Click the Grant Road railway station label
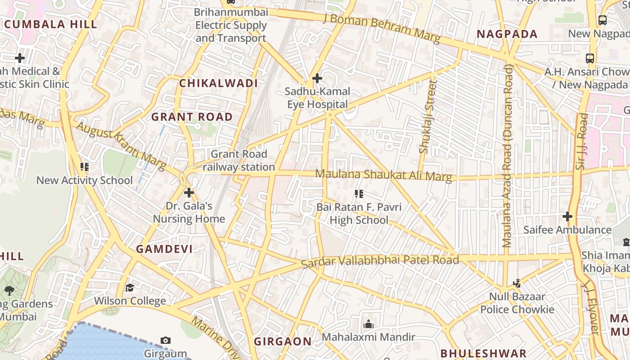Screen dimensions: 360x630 (238, 161)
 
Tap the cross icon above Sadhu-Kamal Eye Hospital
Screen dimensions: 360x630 (317, 78)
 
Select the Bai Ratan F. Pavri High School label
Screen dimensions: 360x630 (359, 214)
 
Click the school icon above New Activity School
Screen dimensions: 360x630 (85, 167)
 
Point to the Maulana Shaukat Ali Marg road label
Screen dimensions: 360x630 (383, 175)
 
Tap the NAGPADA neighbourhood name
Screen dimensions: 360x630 (507, 34)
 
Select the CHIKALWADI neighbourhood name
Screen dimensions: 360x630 (219, 83)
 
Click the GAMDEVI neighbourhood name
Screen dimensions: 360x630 (164, 249)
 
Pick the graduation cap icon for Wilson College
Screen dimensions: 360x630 (130, 288)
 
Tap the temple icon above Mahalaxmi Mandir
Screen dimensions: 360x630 (369, 324)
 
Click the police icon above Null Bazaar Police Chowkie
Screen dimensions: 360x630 (517, 283)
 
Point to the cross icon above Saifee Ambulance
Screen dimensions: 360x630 (567, 216)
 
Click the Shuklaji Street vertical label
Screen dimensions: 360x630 (427, 117)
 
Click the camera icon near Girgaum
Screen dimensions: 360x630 (166, 340)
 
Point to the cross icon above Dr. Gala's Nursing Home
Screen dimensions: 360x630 (189, 193)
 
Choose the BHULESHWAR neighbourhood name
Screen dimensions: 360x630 (483, 353)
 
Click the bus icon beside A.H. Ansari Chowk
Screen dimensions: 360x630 (590, 58)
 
